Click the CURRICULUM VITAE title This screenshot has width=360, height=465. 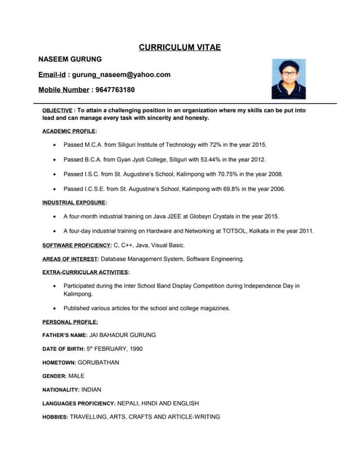pyautogui.click(x=180, y=47)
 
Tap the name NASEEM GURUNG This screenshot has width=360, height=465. pyautogui.click(x=70, y=59)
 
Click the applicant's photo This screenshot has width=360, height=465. pyautogui.click(x=289, y=78)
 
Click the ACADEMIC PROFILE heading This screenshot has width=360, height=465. pyautogui.click(x=69, y=131)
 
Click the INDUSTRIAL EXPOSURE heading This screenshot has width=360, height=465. pyautogui.click(x=74, y=202)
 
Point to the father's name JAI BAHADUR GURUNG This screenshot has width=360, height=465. pyautogui.click(x=122, y=335)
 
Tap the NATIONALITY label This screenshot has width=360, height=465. pyautogui.click(x=61, y=389)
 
